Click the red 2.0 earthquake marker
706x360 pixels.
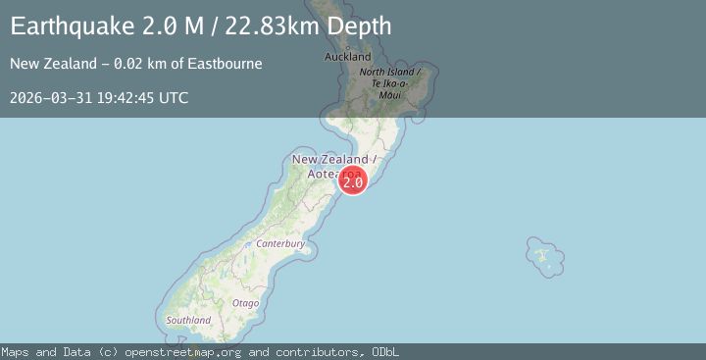click(x=353, y=180)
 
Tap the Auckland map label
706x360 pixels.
click(x=348, y=57)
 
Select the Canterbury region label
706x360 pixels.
click(x=280, y=243)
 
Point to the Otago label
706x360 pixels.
click(x=246, y=303)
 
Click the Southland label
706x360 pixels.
click(x=188, y=320)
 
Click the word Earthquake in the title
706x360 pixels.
click(x=66, y=26)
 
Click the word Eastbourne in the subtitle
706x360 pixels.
click(x=227, y=65)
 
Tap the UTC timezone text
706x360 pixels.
click(x=174, y=98)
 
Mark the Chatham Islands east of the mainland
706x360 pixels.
click(x=542, y=256)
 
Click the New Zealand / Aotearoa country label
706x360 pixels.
click(x=330, y=165)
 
